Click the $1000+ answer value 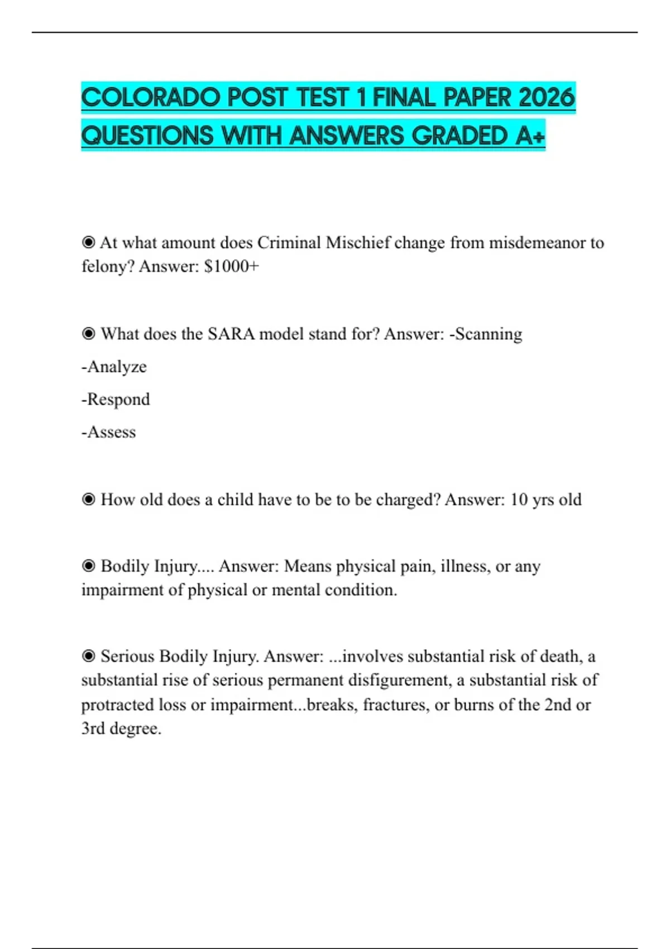pyautogui.click(x=232, y=266)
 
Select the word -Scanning pyautogui.click(x=486, y=334)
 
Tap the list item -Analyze pyautogui.click(x=114, y=367)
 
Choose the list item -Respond pyautogui.click(x=116, y=399)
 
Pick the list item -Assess pyautogui.click(x=108, y=432)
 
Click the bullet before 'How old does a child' pyautogui.click(x=88, y=499)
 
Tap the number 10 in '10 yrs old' pyautogui.click(x=519, y=499)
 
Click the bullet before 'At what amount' pyautogui.click(x=88, y=242)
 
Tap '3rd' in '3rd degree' pyautogui.click(x=93, y=728)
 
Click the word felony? pyautogui.click(x=108, y=266)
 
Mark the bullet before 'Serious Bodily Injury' pyautogui.click(x=88, y=656)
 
